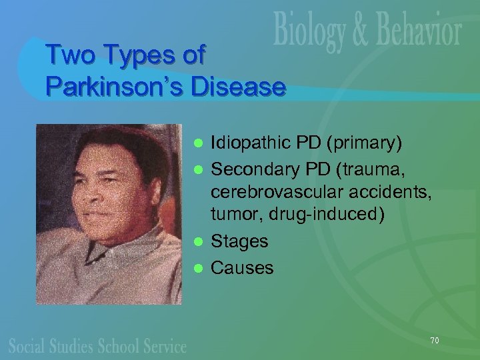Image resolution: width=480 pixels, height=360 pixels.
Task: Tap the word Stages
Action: (239, 241)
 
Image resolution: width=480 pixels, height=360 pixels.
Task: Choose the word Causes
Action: (242, 268)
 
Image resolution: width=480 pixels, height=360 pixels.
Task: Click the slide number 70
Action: (434, 341)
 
